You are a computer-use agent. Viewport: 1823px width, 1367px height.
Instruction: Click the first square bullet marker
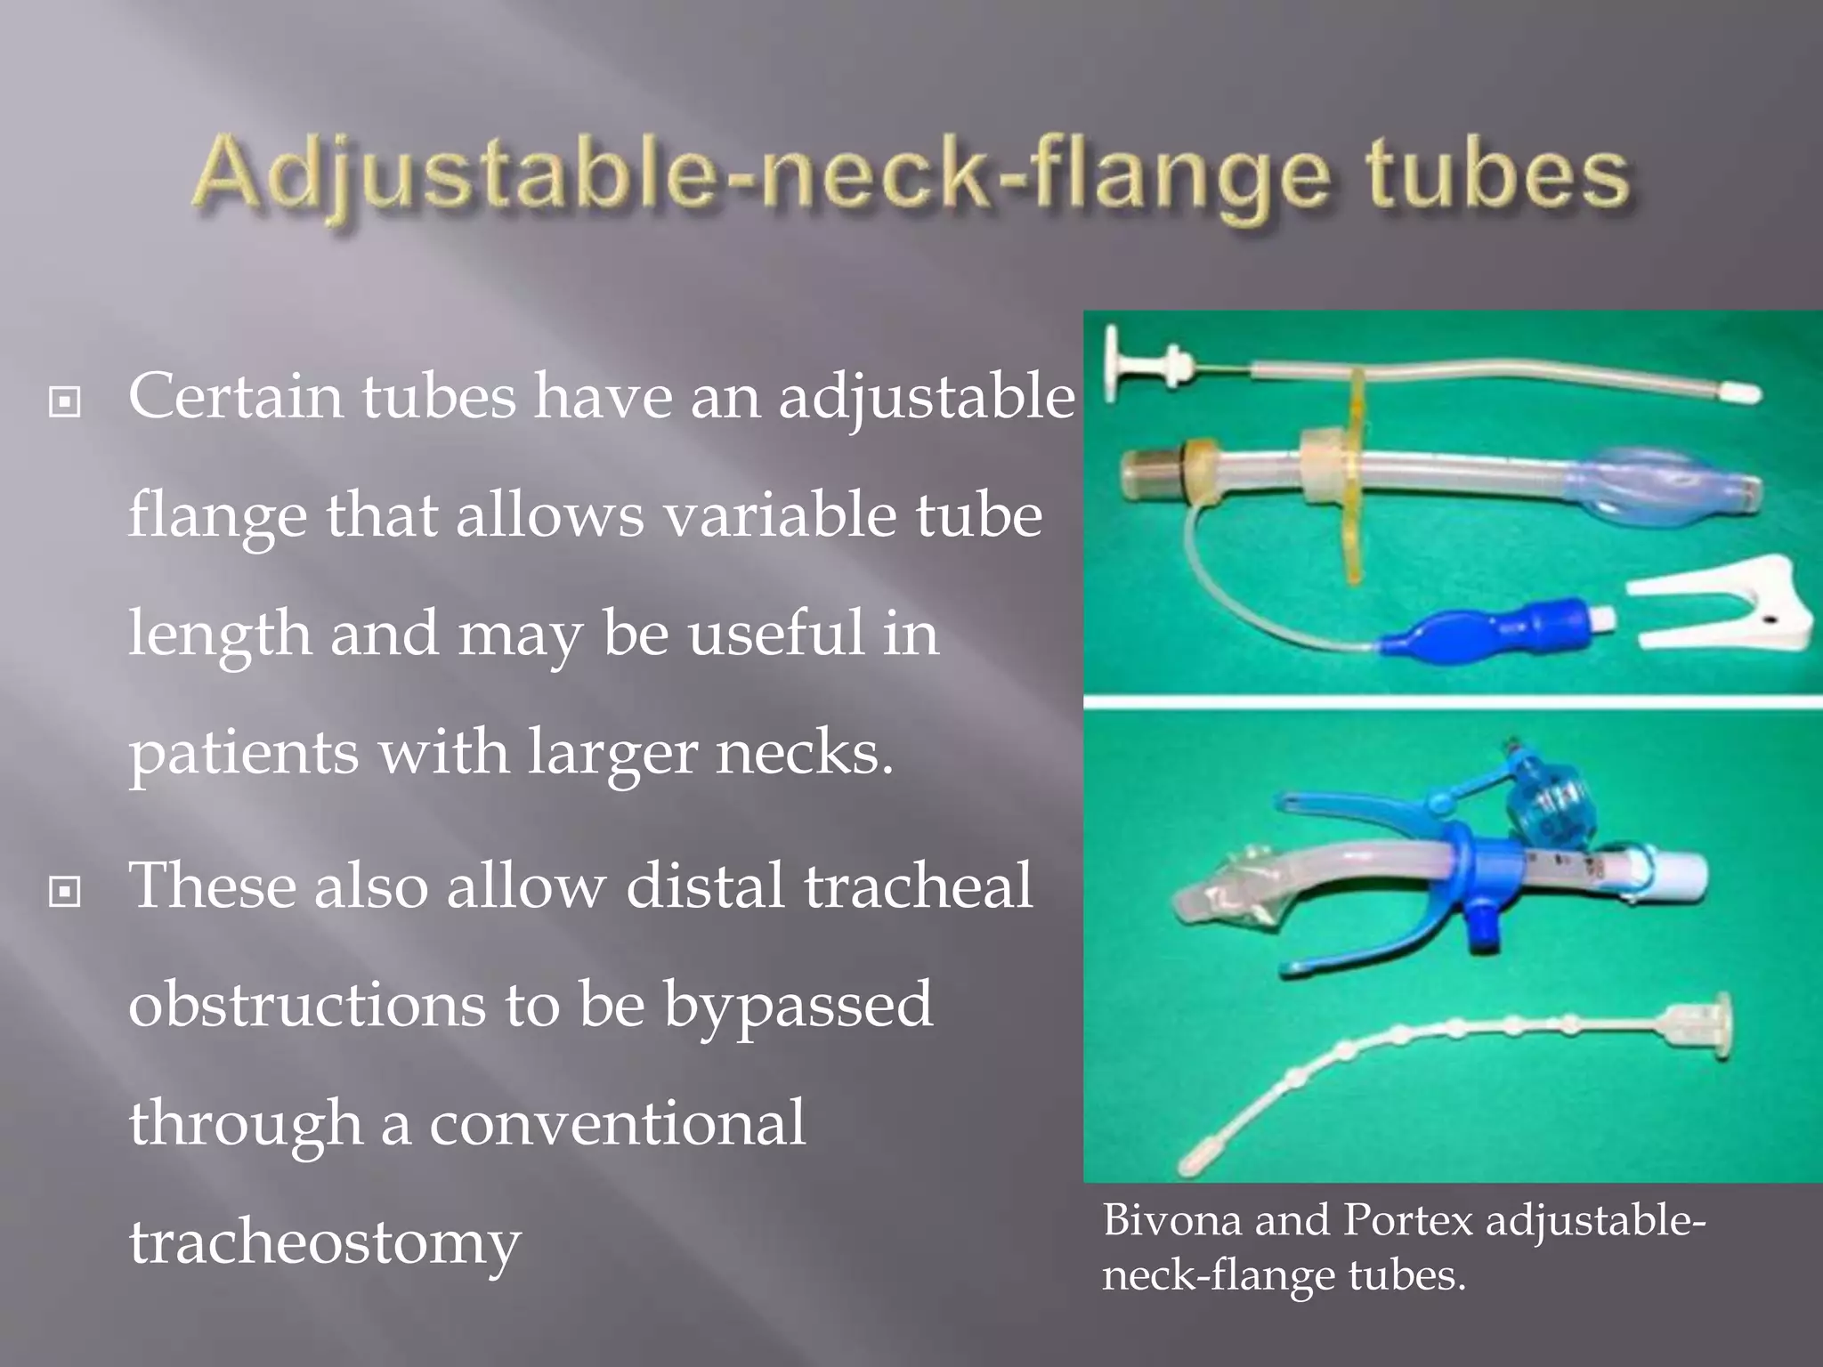[x=64, y=402]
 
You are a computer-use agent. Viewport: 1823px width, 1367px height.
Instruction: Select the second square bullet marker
[x=64, y=891]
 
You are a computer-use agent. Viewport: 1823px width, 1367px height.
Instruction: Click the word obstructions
[x=307, y=1005]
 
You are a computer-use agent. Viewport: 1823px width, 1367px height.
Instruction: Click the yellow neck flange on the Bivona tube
[x=1354, y=481]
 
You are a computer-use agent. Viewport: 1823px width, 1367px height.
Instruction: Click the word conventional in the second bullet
[x=618, y=1123]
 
